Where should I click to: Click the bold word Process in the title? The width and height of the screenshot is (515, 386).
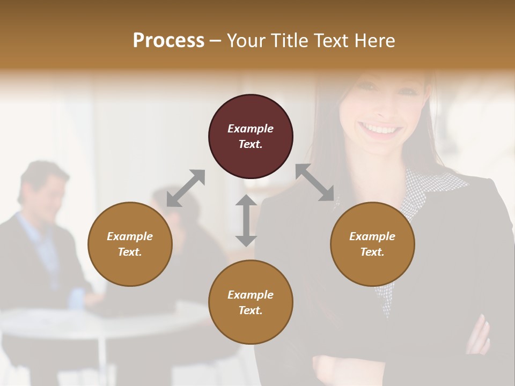[168, 41]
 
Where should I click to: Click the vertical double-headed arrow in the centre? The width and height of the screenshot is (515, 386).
[246, 220]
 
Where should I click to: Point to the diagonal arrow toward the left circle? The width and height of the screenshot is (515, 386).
[186, 188]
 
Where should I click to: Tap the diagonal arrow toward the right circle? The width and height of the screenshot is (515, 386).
[315, 183]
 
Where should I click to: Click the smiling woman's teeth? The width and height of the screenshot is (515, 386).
[380, 129]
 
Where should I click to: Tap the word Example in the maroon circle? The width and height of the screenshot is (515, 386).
[251, 129]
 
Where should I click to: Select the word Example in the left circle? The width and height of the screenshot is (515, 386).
[130, 236]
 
